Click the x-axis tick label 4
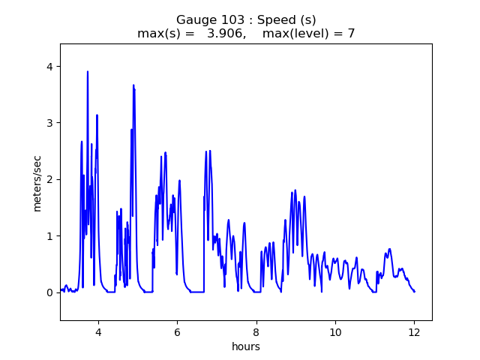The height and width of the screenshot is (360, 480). [x=98, y=332]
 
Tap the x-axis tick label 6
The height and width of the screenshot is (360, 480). [x=177, y=332]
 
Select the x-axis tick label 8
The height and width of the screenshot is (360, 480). [x=256, y=332]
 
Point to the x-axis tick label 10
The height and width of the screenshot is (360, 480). [x=335, y=332]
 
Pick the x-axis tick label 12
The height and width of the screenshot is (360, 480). [x=414, y=332]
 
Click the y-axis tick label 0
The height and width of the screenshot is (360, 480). [x=49, y=292]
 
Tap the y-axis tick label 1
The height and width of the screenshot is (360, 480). [x=49, y=236]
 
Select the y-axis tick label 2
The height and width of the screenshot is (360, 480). [x=49, y=179]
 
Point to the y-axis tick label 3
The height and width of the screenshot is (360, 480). [x=49, y=123]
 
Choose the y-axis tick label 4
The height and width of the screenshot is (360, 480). [x=49, y=67]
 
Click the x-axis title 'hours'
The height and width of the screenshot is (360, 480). [x=246, y=346]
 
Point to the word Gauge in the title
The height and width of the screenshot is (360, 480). [x=193, y=20]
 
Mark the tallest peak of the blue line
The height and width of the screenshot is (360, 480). [x=88, y=72]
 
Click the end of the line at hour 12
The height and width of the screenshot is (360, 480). [x=414, y=291]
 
